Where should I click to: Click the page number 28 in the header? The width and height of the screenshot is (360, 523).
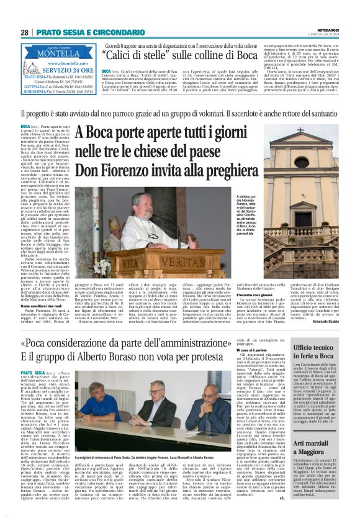click(x=24, y=32)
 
